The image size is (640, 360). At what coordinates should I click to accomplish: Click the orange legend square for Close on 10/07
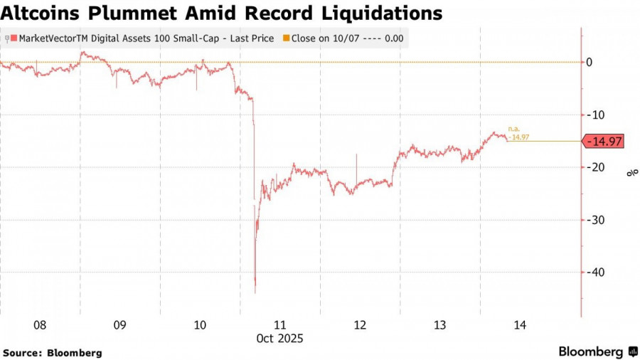tap(287, 38)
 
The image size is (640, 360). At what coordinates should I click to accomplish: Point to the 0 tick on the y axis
tap(589, 63)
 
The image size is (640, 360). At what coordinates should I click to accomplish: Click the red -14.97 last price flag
tap(603, 142)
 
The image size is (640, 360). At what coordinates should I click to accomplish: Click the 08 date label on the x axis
tap(40, 325)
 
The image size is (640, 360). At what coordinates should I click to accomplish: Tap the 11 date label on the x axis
tap(280, 325)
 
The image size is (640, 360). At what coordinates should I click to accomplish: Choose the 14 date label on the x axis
tap(520, 325)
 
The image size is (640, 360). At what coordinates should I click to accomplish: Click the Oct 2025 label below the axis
tap(280, 339)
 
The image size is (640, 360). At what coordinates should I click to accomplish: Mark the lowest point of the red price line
tap(255, 292)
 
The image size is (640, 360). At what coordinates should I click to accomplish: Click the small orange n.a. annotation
tap(513, 129)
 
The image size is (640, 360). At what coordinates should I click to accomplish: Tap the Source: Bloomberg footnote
tap(53, 352)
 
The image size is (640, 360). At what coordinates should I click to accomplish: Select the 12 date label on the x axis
tap(360, 325)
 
